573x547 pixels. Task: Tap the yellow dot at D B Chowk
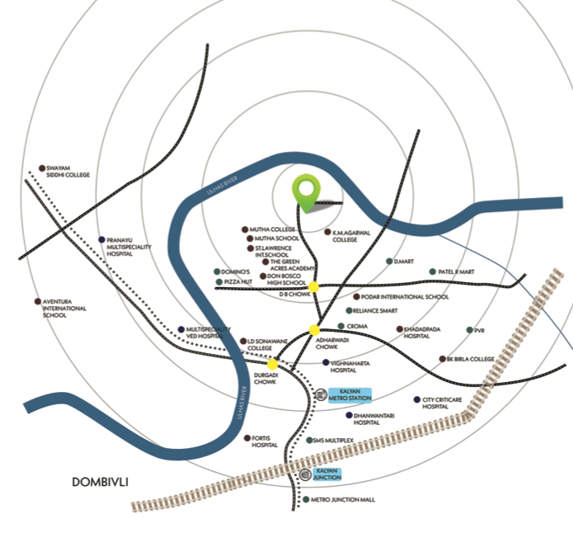point(313,287)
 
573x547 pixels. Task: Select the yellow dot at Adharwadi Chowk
point(313,330)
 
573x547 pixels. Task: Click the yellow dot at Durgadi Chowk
point(272,364)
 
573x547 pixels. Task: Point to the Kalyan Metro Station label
point(350,395)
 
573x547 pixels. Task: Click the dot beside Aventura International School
point(36,302)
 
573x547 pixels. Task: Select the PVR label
point(480,330)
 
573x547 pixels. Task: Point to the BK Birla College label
point(472,359)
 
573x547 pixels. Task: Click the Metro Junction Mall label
point(342,500)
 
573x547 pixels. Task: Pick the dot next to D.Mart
point(389,262)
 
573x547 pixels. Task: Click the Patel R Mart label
point(457,271)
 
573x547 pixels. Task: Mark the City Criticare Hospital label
point(446,403)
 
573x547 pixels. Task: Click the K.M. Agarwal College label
point(345,236)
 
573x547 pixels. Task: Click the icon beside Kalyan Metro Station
point(320,395)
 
